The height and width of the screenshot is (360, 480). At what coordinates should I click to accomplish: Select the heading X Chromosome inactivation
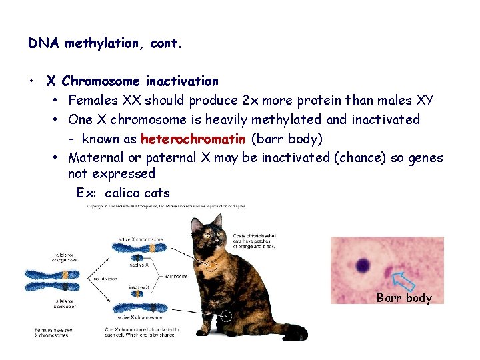click(x=133, y=81)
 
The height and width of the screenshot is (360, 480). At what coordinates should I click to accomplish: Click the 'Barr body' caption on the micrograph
click(x=404, y=298)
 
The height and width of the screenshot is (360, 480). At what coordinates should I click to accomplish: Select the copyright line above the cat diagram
click(x=167, y=207)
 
